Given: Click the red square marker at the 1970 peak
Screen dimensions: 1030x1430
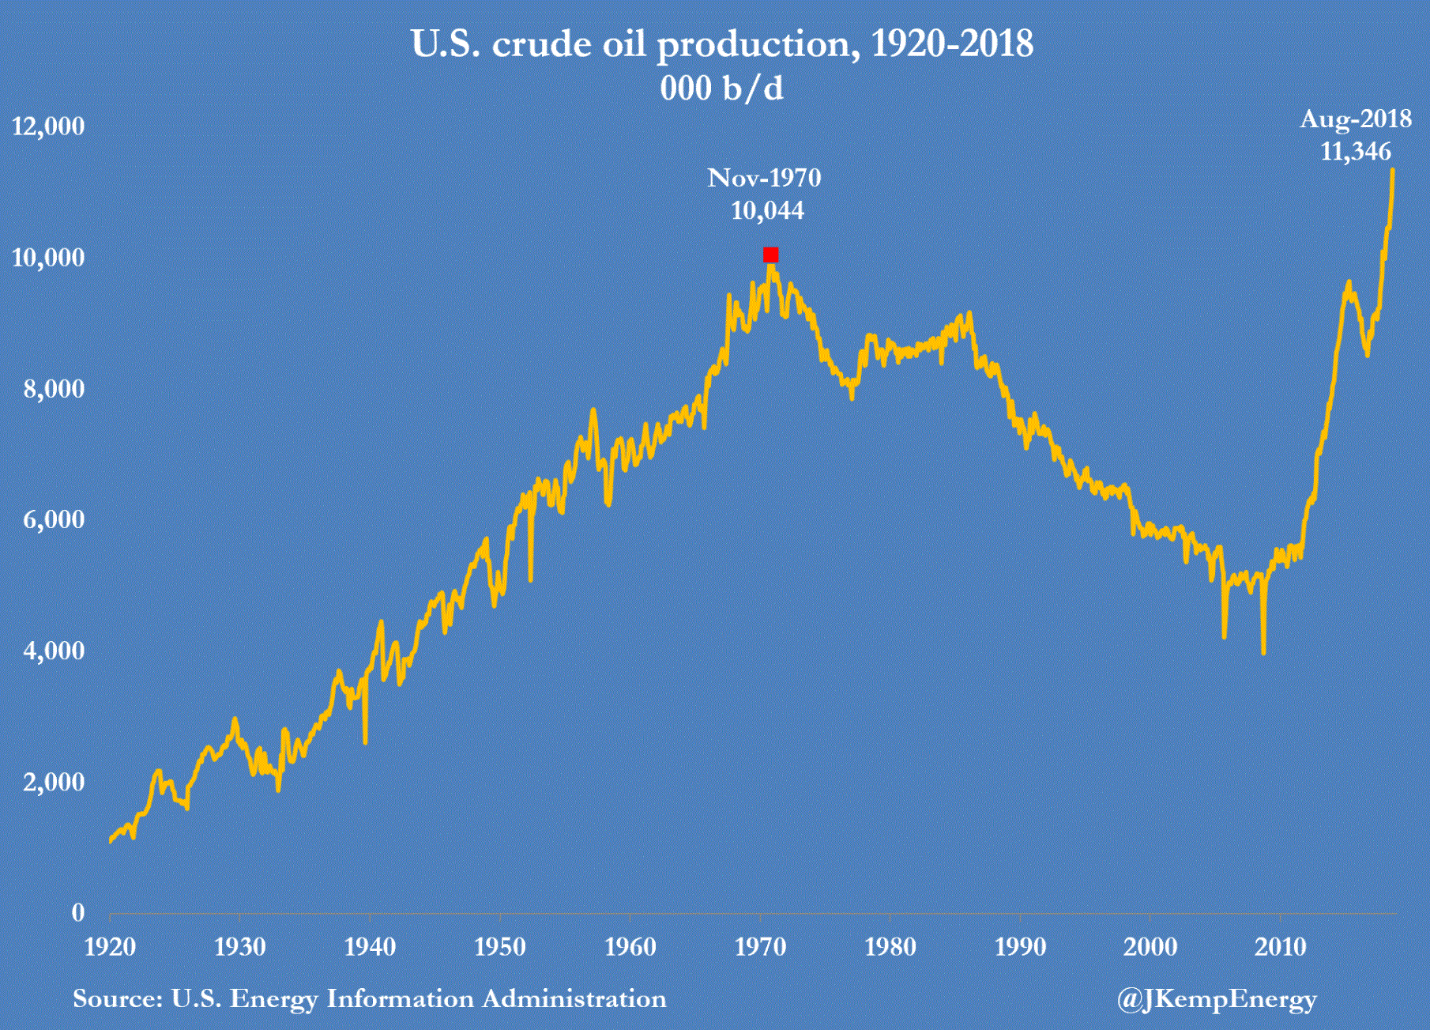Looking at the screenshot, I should [x=770, y=255].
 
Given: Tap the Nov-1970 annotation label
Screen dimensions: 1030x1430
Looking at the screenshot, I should [x=764, y=178].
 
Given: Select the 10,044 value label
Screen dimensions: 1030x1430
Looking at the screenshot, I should [x=767, y=211].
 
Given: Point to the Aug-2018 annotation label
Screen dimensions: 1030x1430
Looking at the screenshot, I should [x=1356, y=119].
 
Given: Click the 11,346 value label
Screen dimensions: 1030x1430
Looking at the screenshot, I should [x=1356, y=152].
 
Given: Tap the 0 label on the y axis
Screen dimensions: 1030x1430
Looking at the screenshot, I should [x=77, y=913].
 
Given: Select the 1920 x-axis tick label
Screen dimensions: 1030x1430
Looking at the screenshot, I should [x=110, y=947].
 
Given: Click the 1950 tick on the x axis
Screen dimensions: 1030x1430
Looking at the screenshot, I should [x=500, y=947].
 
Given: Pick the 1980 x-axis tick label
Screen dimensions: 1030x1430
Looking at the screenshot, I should [x=890, y=947].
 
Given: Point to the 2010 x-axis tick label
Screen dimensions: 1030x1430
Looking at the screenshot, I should [x=1281, y=947].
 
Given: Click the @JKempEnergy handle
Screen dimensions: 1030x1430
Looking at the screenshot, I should [x=1217, y=1000].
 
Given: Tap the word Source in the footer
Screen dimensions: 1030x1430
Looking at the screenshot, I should [x=117, y=999].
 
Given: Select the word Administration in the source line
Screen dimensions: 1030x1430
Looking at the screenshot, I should [x=574, y=999].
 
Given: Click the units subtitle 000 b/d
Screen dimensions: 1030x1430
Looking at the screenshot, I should [x=721, y=89].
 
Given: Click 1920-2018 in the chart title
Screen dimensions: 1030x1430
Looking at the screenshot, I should [x=952, y=44].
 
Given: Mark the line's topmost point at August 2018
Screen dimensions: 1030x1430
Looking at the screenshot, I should [x=1392, y=169].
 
